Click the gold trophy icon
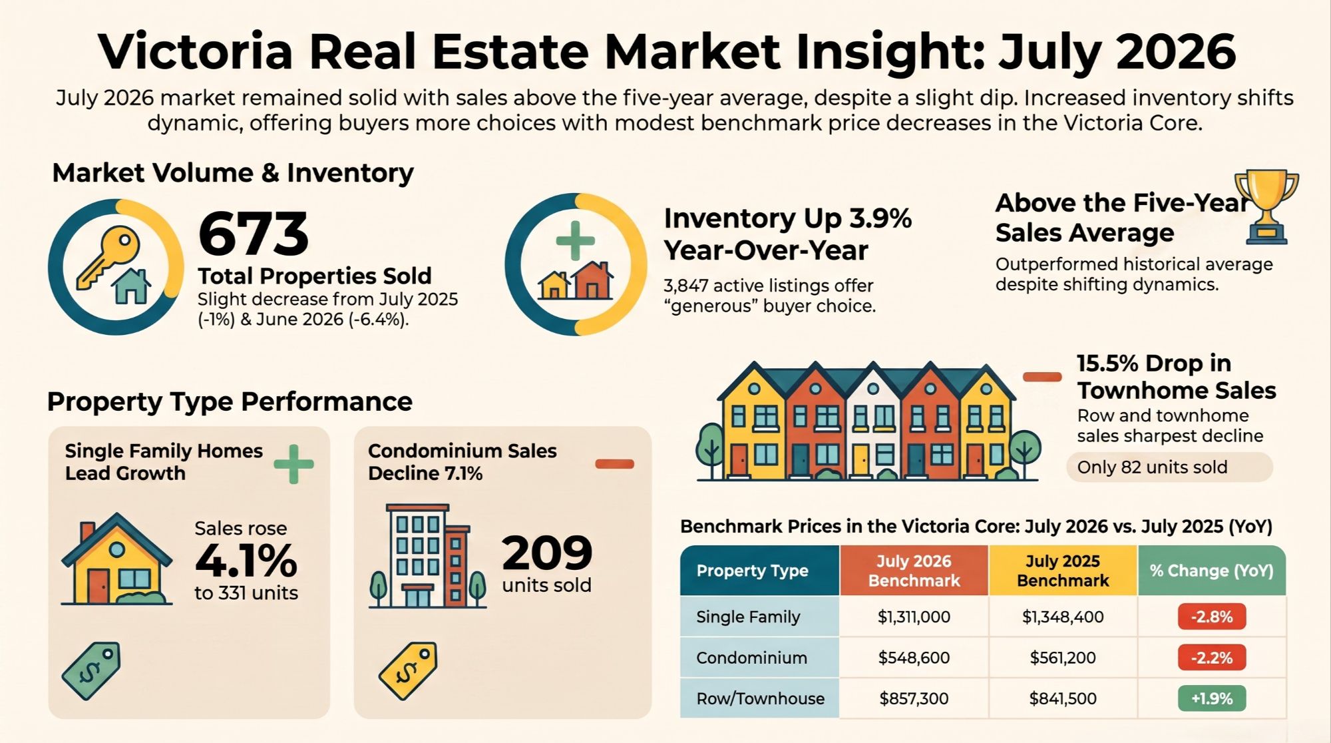[1266, 206]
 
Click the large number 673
[254, 234]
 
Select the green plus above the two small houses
[575, 240]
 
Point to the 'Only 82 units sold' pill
[1169, 467]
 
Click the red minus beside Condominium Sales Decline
[614, 464]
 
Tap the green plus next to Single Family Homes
[293, 463]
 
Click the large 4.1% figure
[246, 561]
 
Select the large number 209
[546, 553]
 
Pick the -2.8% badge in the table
[1212, 617]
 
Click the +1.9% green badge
[1212, 698]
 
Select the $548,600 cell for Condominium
[914, 658]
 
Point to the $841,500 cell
[1063, 698]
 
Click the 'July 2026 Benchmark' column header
[914, 571]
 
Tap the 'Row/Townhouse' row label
[760, 698]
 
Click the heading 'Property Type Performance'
[230, 401]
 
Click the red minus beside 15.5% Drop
[1042, 377]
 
